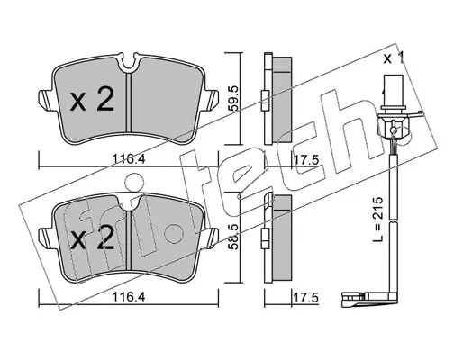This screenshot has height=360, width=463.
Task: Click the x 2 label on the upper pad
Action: tap(92, 101)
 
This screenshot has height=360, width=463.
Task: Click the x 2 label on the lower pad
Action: tap(93, 238)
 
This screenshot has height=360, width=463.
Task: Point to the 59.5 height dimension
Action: tap(234, 99)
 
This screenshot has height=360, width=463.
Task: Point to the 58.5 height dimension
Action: tap(234, 237)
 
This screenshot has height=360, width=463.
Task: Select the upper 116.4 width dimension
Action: tap(129, 158)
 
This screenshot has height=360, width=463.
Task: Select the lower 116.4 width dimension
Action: tap(129, 297)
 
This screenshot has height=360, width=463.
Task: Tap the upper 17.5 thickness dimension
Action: tap(305, 160)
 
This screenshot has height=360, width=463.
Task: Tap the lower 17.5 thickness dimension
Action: tap(305, 298)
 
